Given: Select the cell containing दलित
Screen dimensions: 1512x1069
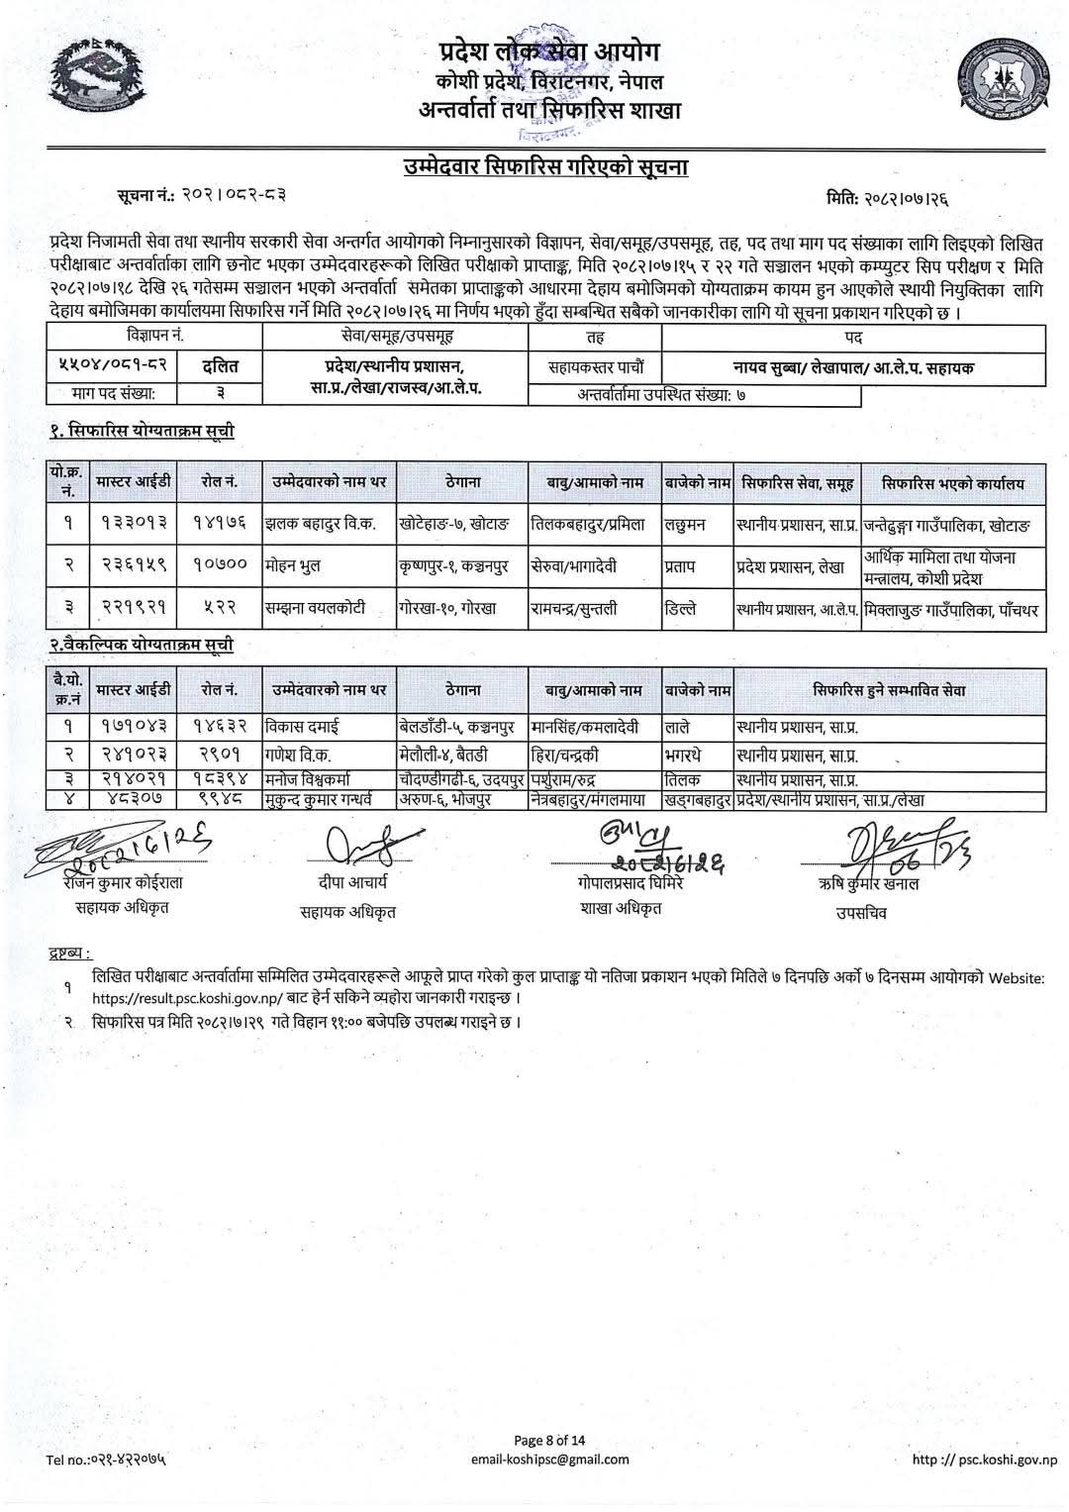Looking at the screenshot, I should pos(220,367).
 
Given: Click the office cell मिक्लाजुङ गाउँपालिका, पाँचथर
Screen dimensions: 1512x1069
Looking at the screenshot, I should pos(951,610).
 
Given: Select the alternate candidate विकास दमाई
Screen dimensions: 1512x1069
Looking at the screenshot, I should pos(303,727).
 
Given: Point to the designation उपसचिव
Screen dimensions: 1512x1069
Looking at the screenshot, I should pos(862,913).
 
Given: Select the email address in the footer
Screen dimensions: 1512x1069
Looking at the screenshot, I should pos(551,1459).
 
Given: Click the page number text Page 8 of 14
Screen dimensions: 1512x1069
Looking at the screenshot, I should pos(549,1440).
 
